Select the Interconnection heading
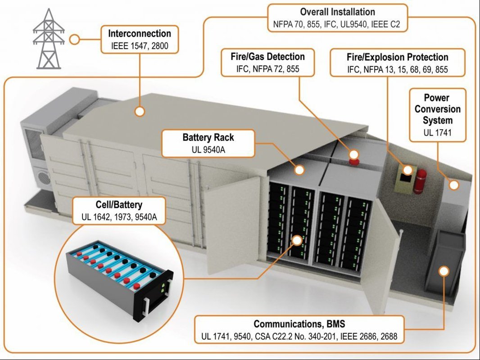point(139,34)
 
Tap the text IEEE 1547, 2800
point(140,45)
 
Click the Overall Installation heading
point(337,12)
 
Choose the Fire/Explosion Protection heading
point(397,57)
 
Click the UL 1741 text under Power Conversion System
point(437,133)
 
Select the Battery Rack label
point(208,137)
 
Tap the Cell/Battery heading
point(119,205)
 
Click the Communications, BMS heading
point(299,324)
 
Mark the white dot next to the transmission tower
point(75,40)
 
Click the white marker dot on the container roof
point(140,111)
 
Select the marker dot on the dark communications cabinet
point(444,271)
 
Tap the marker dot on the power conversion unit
point(454,184)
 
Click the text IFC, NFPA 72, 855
point(267,69)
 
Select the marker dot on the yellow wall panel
point(407,170)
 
